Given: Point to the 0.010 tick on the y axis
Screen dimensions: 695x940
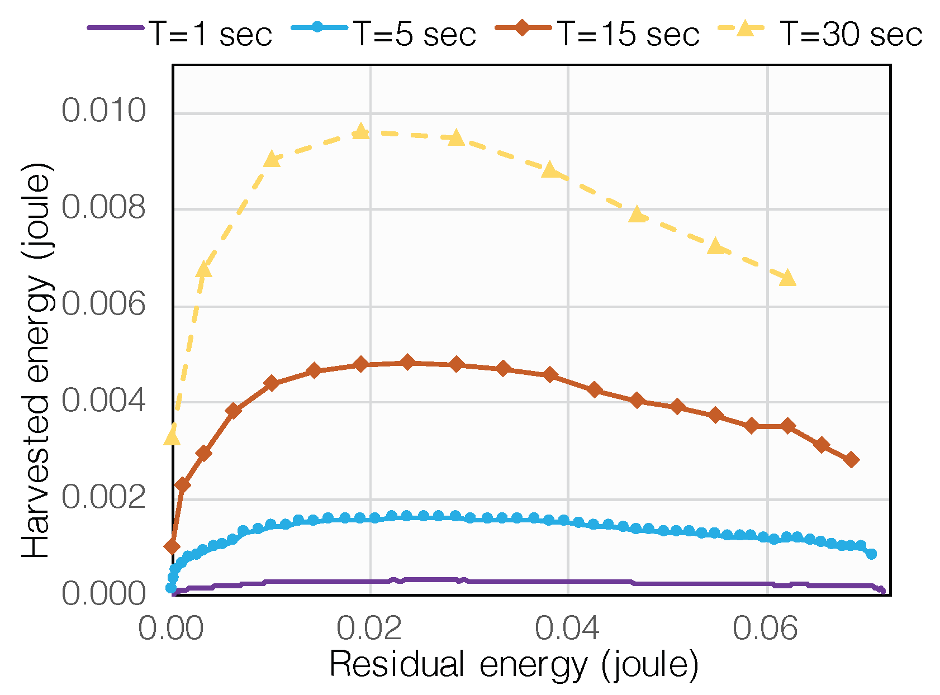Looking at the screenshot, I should coord(103,111).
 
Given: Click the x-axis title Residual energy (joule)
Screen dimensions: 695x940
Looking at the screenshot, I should coord(514,665).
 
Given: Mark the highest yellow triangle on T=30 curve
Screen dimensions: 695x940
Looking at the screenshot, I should coord(361,132).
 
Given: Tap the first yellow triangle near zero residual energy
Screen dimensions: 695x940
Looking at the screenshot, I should coord(172,437).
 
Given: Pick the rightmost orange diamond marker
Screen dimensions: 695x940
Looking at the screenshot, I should coord(851,460).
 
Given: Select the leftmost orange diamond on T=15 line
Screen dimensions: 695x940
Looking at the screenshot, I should coord(172,546).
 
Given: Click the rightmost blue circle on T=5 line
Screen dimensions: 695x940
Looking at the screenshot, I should coord(871,554).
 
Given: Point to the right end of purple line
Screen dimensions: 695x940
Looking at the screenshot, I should coord(881,591).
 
